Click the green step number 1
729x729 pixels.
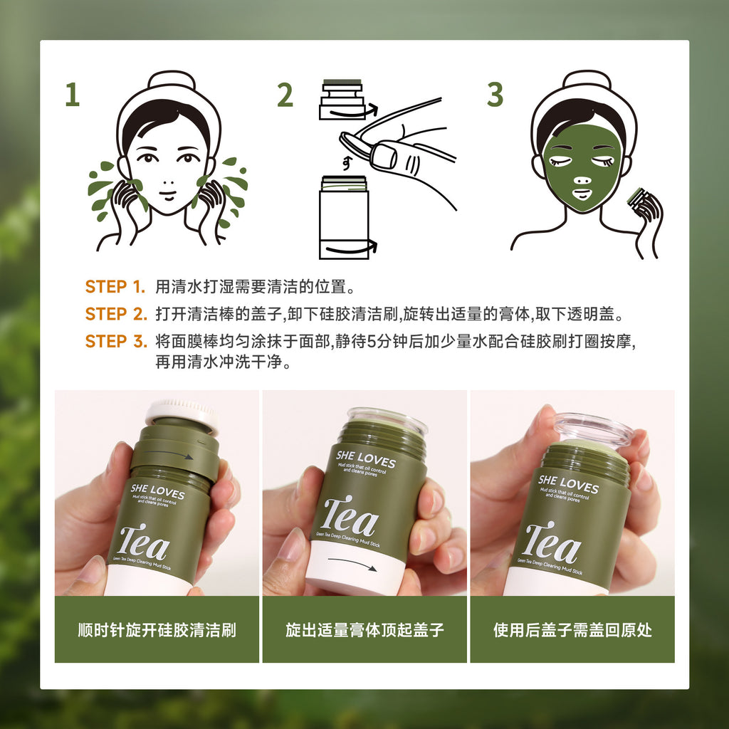72,95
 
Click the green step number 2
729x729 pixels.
285,95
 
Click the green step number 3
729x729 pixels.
495,95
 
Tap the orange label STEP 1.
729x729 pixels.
115,287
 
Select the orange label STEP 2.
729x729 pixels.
115,314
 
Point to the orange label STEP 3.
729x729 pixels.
115,341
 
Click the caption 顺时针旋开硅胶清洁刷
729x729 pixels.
157,630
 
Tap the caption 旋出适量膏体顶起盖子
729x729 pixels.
364,630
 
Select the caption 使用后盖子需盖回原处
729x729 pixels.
572,630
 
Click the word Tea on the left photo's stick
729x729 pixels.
144,545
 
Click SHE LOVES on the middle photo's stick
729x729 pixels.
365,459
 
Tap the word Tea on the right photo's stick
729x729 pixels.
552,543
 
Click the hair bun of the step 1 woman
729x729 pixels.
169,79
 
